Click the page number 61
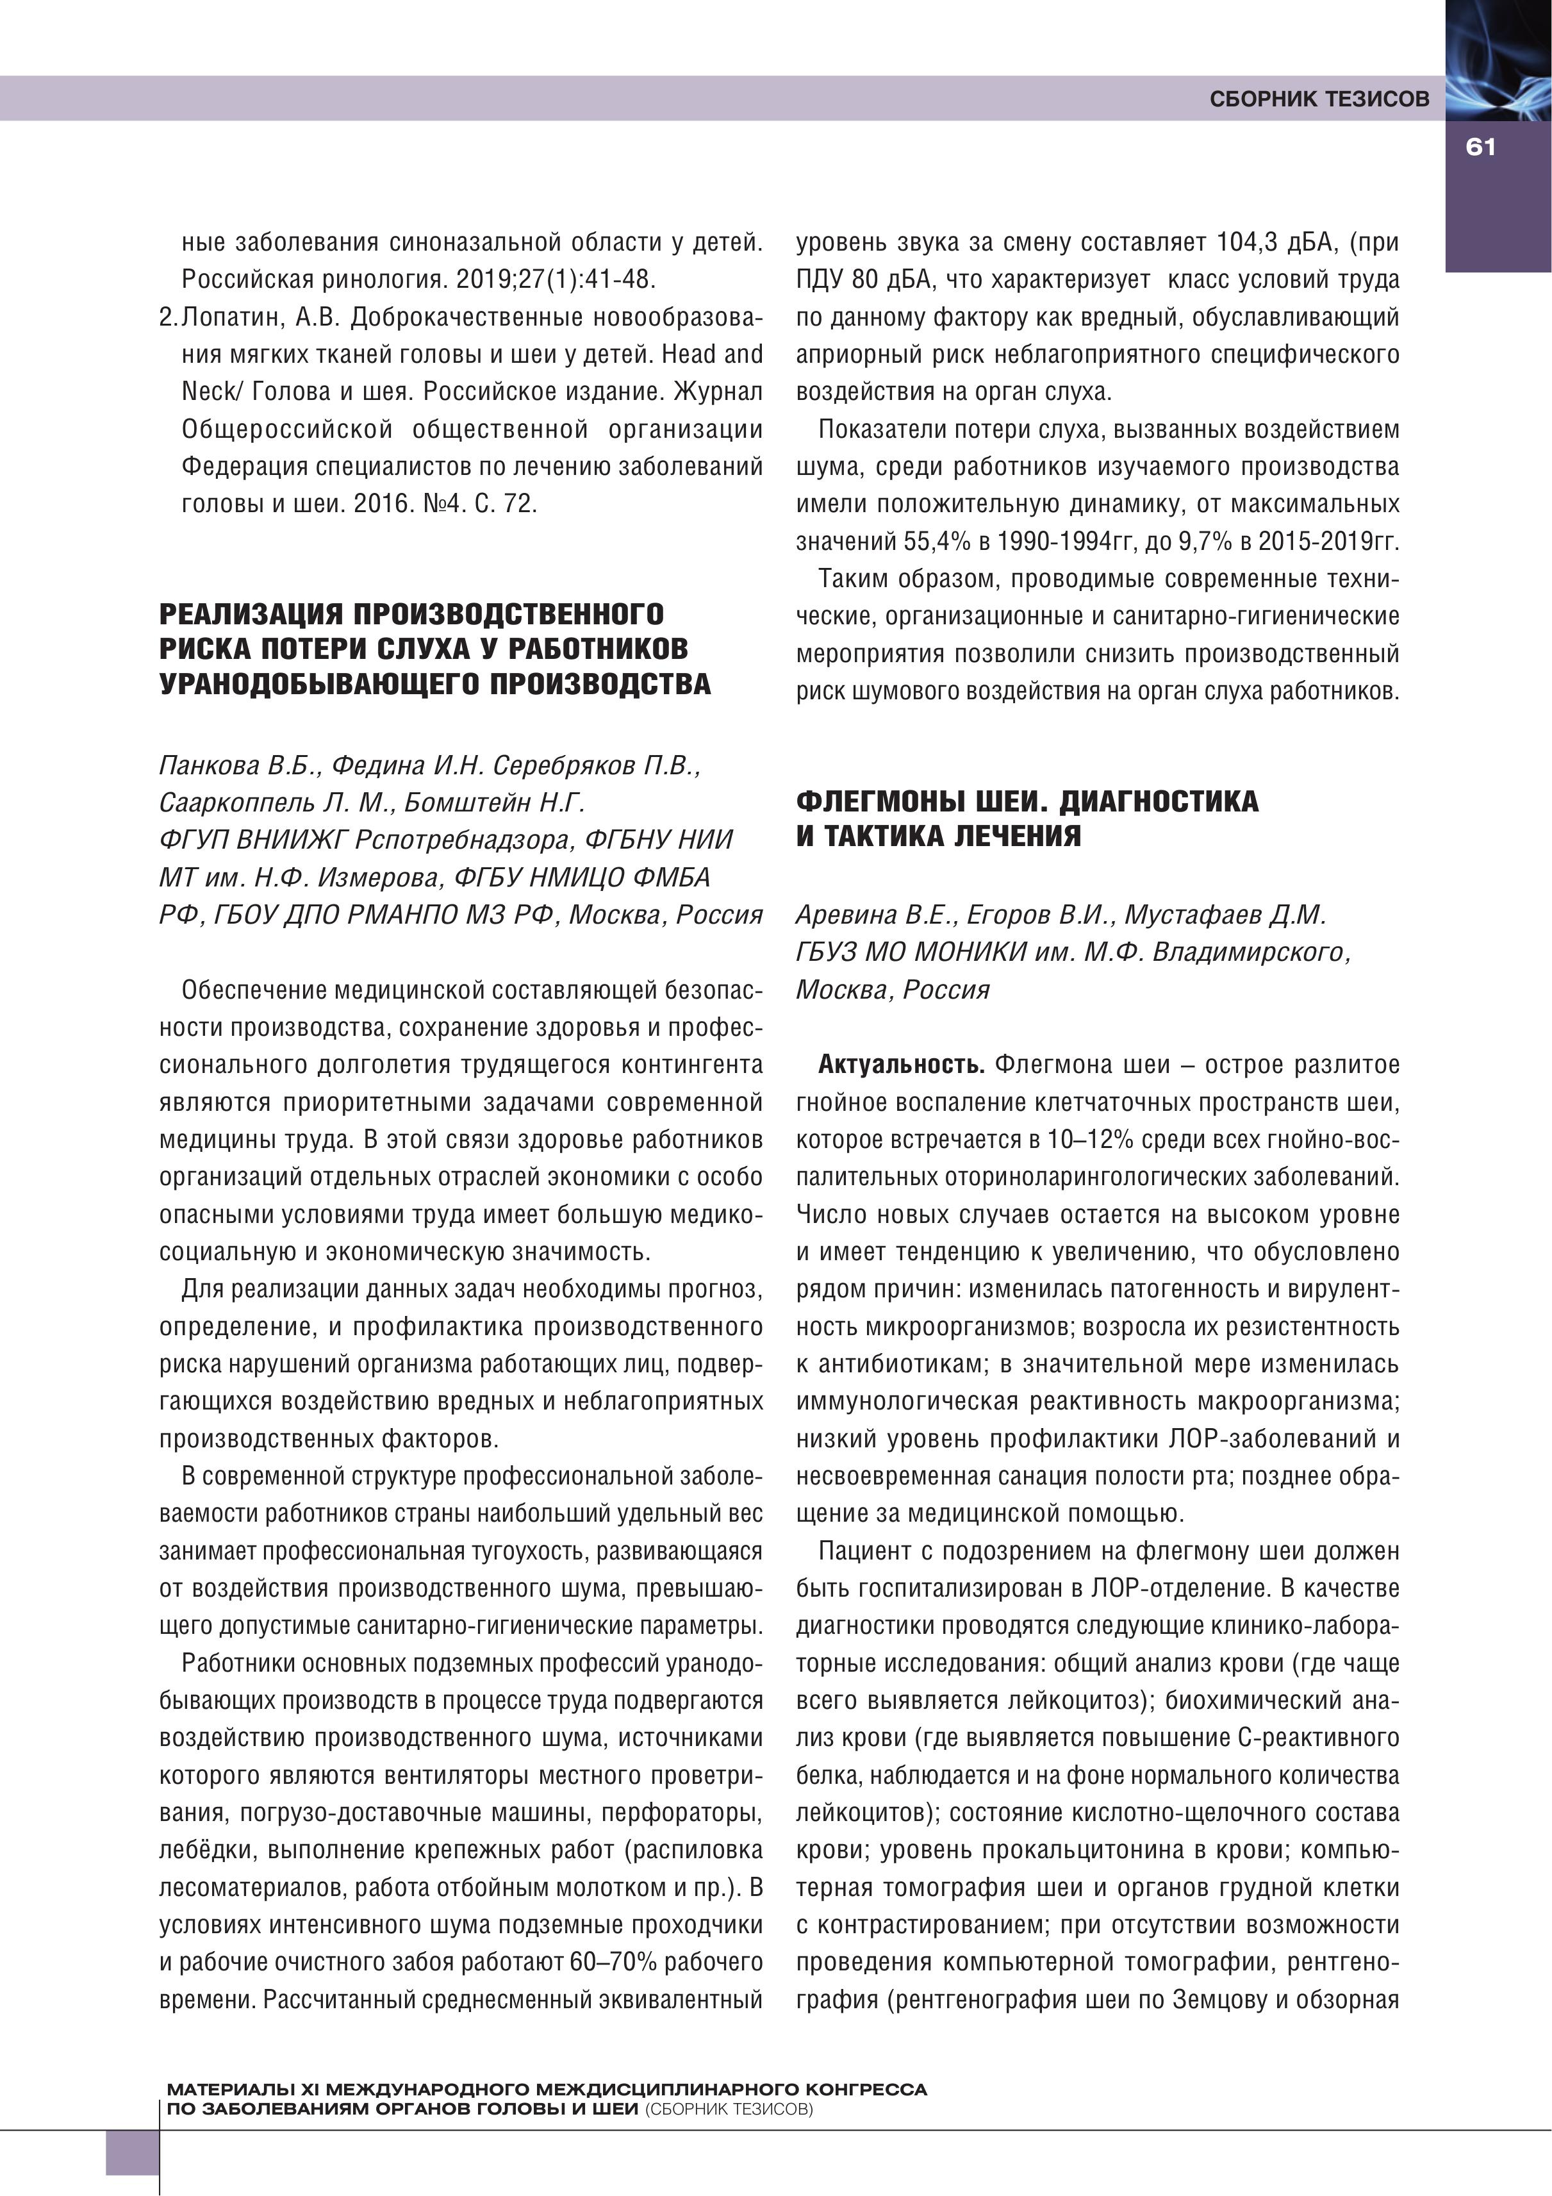pyautogui.click(x=1480, y=147)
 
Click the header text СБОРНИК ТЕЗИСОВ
pyautogui.click(x=1319, y=99)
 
